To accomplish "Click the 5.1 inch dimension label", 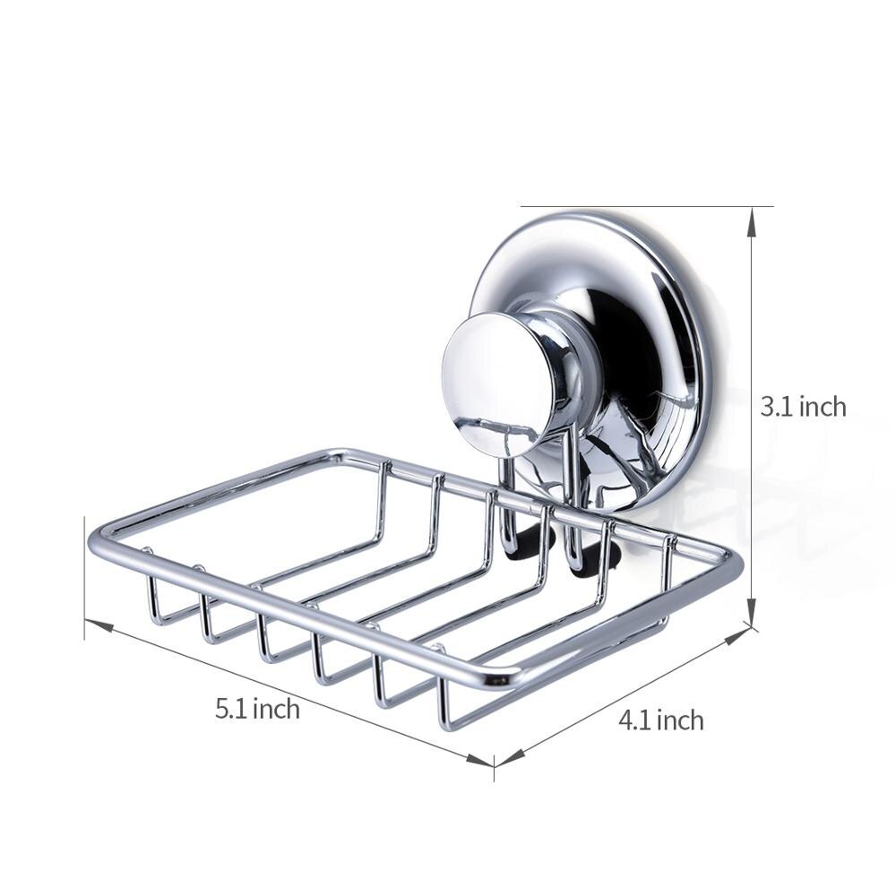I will [256, 710].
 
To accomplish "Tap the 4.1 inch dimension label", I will [660, 720].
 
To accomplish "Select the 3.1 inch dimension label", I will [803, 407].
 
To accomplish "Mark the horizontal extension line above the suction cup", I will [645, 207].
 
